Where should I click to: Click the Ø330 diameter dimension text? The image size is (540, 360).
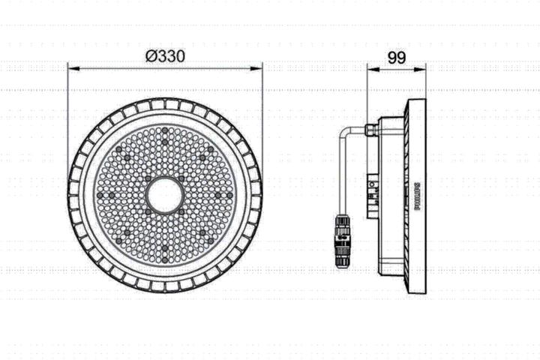[x=165, y=56]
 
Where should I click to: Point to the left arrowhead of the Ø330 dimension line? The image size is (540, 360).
[x=72, y=68]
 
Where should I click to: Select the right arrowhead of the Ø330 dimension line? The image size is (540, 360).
[x=259, y=68]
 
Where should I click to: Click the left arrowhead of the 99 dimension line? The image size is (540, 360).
[x=370, y=68]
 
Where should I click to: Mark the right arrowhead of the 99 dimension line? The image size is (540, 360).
[x=422, y=68]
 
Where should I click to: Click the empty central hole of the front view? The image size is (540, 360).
[x=165, y=195]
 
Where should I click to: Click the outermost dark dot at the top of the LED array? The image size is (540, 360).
[x=165, y=131]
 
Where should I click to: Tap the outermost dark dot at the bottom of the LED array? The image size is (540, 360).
[x=165, y=259]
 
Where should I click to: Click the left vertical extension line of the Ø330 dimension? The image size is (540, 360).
[x=67, y=120]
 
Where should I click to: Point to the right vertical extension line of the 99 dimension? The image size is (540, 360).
[x=426, y=82]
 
